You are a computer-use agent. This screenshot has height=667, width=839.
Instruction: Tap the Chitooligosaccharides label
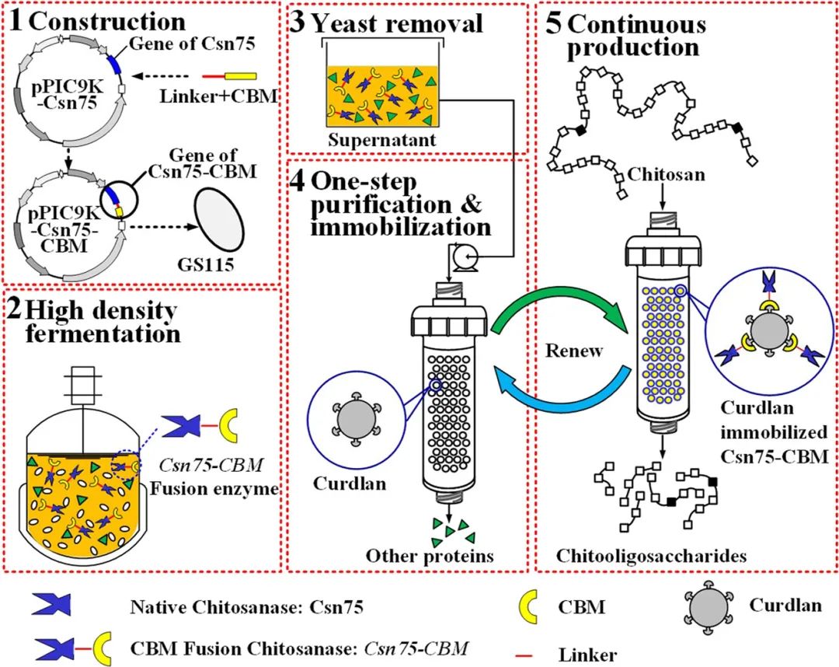coord(652,555)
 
